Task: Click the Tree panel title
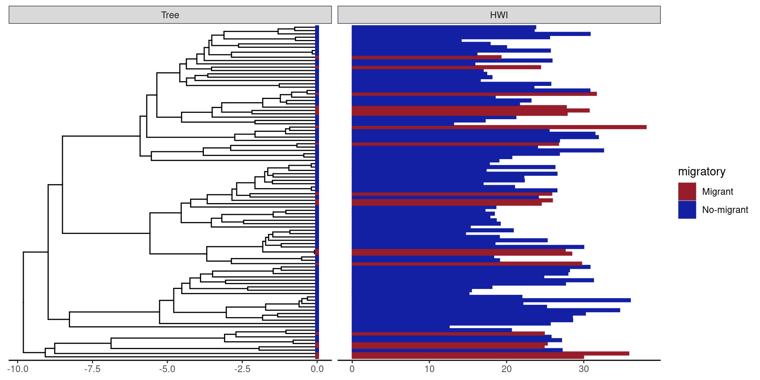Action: click(170, 15)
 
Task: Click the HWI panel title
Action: click(499, 15)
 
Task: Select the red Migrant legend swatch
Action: click(687, 192)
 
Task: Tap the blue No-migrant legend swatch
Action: click(687, 210)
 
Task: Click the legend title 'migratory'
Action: click(701, 171)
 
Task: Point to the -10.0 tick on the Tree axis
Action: click(18, 369)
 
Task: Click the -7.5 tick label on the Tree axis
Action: click(92, 369)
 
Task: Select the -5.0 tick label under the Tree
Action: click(167, 369)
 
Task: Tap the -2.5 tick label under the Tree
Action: click(242, 369)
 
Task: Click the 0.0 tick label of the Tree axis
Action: click(317, 369)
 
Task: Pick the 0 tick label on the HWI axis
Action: click(352, 369)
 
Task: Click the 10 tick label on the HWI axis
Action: click(429, 369)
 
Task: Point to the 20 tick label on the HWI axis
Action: click(507, 369)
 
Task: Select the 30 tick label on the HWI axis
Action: click(584, 369)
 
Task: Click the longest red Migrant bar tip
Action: click(646, 127)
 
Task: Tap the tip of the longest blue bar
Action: click(630, 300)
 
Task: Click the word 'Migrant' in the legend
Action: click(717, 192)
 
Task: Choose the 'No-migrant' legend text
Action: click(725, 210)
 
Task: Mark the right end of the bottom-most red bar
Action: click(583, 357)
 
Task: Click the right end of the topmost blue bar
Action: click(536, 27)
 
